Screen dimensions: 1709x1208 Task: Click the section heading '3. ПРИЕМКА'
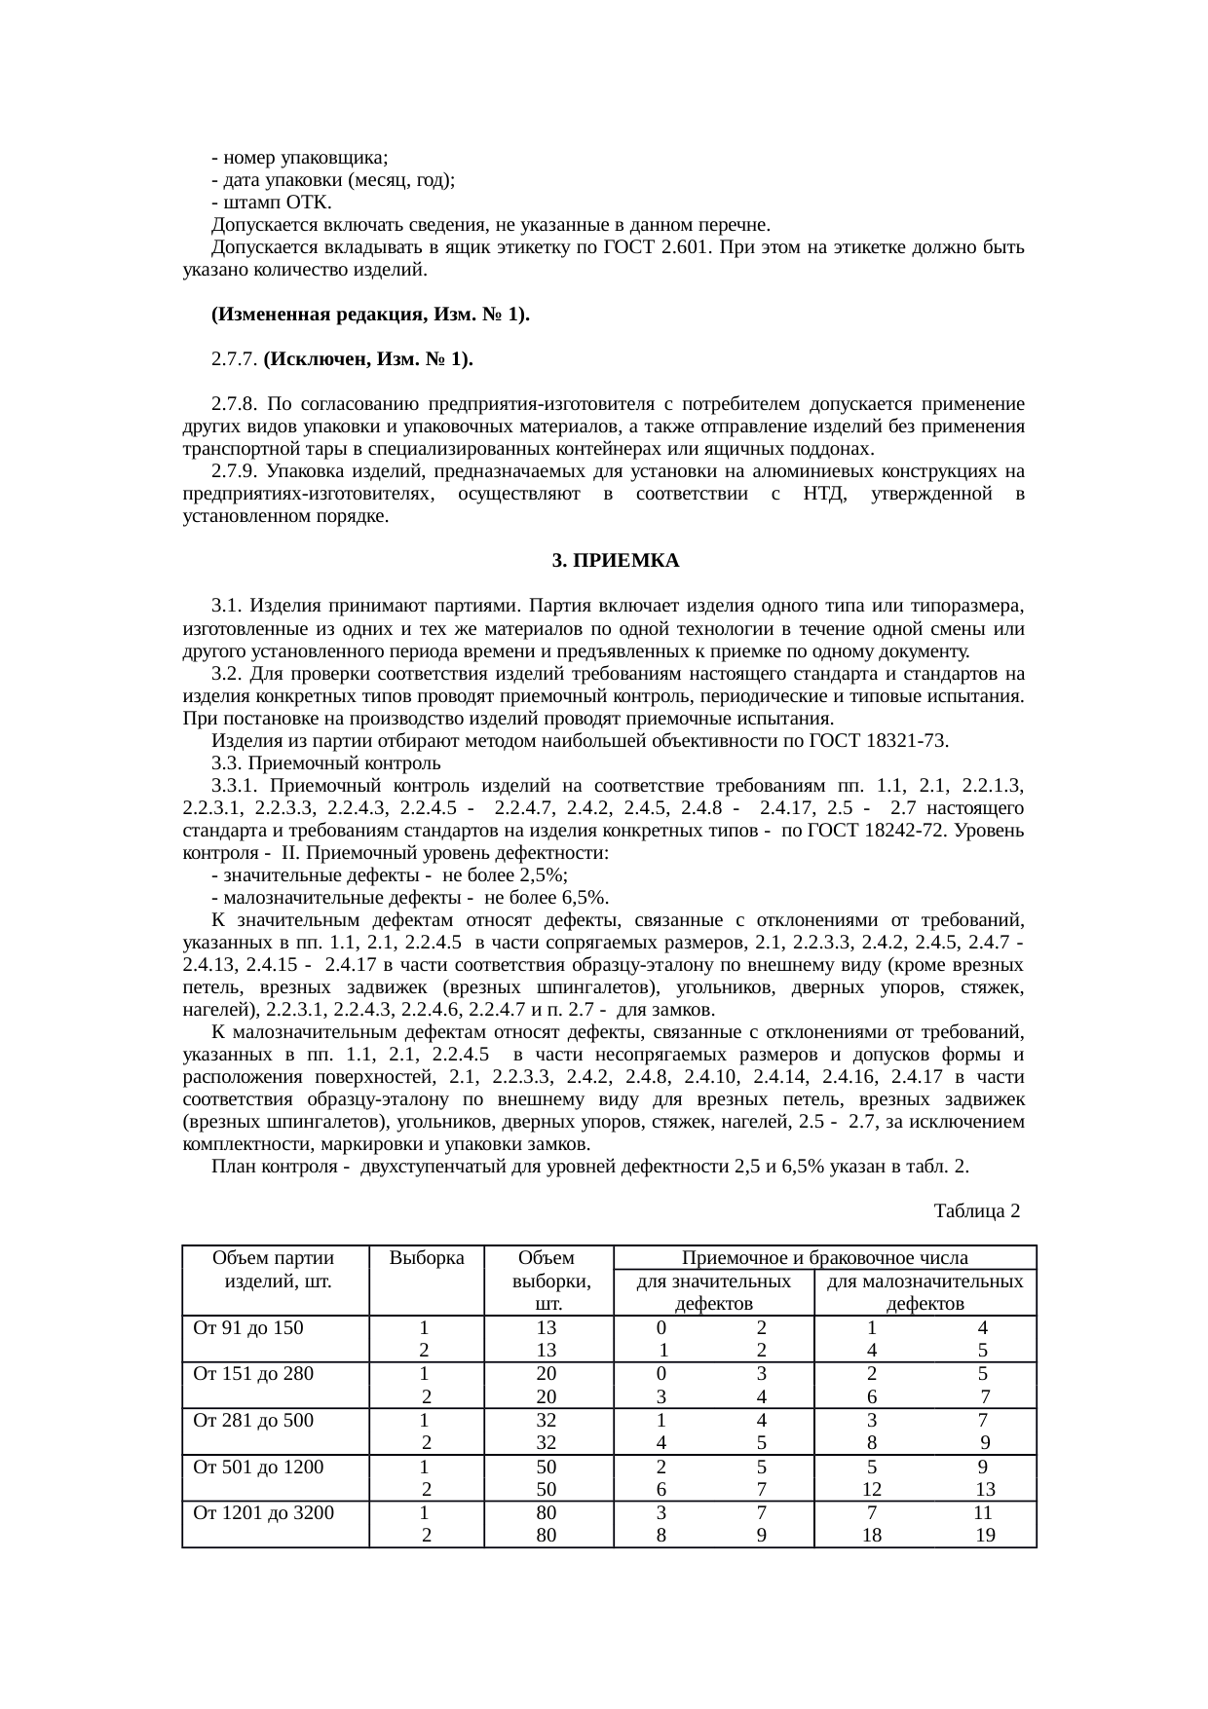615,562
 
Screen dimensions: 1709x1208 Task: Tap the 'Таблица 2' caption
976,1210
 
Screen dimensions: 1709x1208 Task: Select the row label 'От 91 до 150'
248,1327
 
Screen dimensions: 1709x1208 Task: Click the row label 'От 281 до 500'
253,1420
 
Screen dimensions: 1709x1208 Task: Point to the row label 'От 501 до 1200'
258,1467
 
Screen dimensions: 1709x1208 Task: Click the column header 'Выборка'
427,1257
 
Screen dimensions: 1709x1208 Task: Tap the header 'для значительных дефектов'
713,1292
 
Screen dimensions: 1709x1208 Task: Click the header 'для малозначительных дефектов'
925,1292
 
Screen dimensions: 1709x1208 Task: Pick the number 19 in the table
985,1536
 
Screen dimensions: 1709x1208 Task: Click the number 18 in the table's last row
872,1536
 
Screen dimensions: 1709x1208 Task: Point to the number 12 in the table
872,1490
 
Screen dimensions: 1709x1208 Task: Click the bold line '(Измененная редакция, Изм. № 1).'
370,315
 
